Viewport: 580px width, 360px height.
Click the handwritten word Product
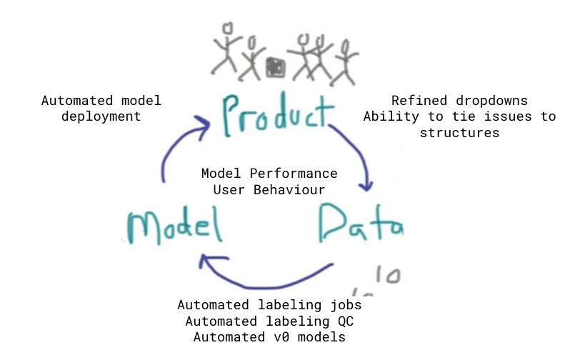pyautogui.click(x=277, y=115)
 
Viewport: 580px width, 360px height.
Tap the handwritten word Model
pyautogui.click(x=174, y=225)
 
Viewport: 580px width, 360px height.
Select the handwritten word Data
pyautogui.click(x=361, y=223)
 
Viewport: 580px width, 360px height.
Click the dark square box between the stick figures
pyautogui.click(x=276, y=68)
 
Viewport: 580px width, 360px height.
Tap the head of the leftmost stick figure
pyautogui.click(x=228, y=29)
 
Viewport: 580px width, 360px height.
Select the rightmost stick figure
pyautogui.click(x=345, y=63)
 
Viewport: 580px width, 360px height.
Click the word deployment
pyautogui.click(x=101, y=117)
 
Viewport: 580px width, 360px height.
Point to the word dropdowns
pyautogui.click(x=491, y=101)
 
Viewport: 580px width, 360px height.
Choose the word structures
pyautogui.click(x=459, y=133)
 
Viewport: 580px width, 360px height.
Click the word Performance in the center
pyautogui.click(x=294, y=174)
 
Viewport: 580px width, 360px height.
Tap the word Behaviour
pyautogui.click(x=289, y=190)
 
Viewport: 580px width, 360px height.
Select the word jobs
pyautogui.click(x=346, y=305)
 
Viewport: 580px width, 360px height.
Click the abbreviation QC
pyautogui.click(x=346, y=321)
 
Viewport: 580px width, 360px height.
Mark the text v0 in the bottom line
pyautogui.click(x=281, y=337)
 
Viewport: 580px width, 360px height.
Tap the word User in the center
pyautogui.click(x=229, y=190)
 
